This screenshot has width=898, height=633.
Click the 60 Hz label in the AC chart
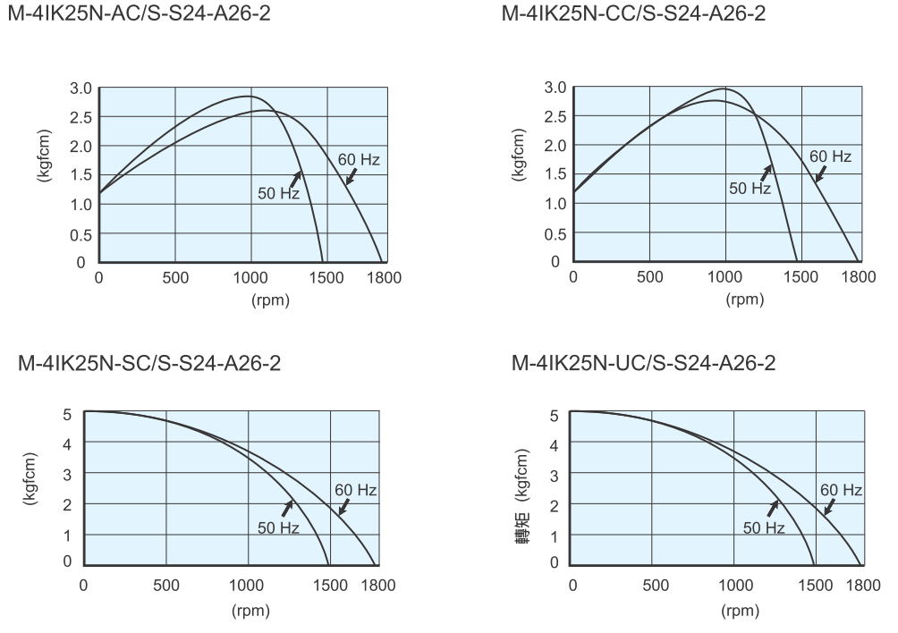pos(359,160)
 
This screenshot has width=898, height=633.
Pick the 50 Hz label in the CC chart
pos(750,188)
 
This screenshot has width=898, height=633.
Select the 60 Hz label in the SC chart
pos(355,490)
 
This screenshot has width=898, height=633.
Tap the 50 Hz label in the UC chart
pos(763,528)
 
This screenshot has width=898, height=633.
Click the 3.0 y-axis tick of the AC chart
pos(82,89)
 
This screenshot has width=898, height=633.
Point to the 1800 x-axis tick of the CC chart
pos(859,276)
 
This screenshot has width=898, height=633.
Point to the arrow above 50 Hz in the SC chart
pos(287,507)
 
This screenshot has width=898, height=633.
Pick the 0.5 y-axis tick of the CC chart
pos(555,232)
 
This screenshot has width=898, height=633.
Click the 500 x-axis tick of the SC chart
pos(166,586)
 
